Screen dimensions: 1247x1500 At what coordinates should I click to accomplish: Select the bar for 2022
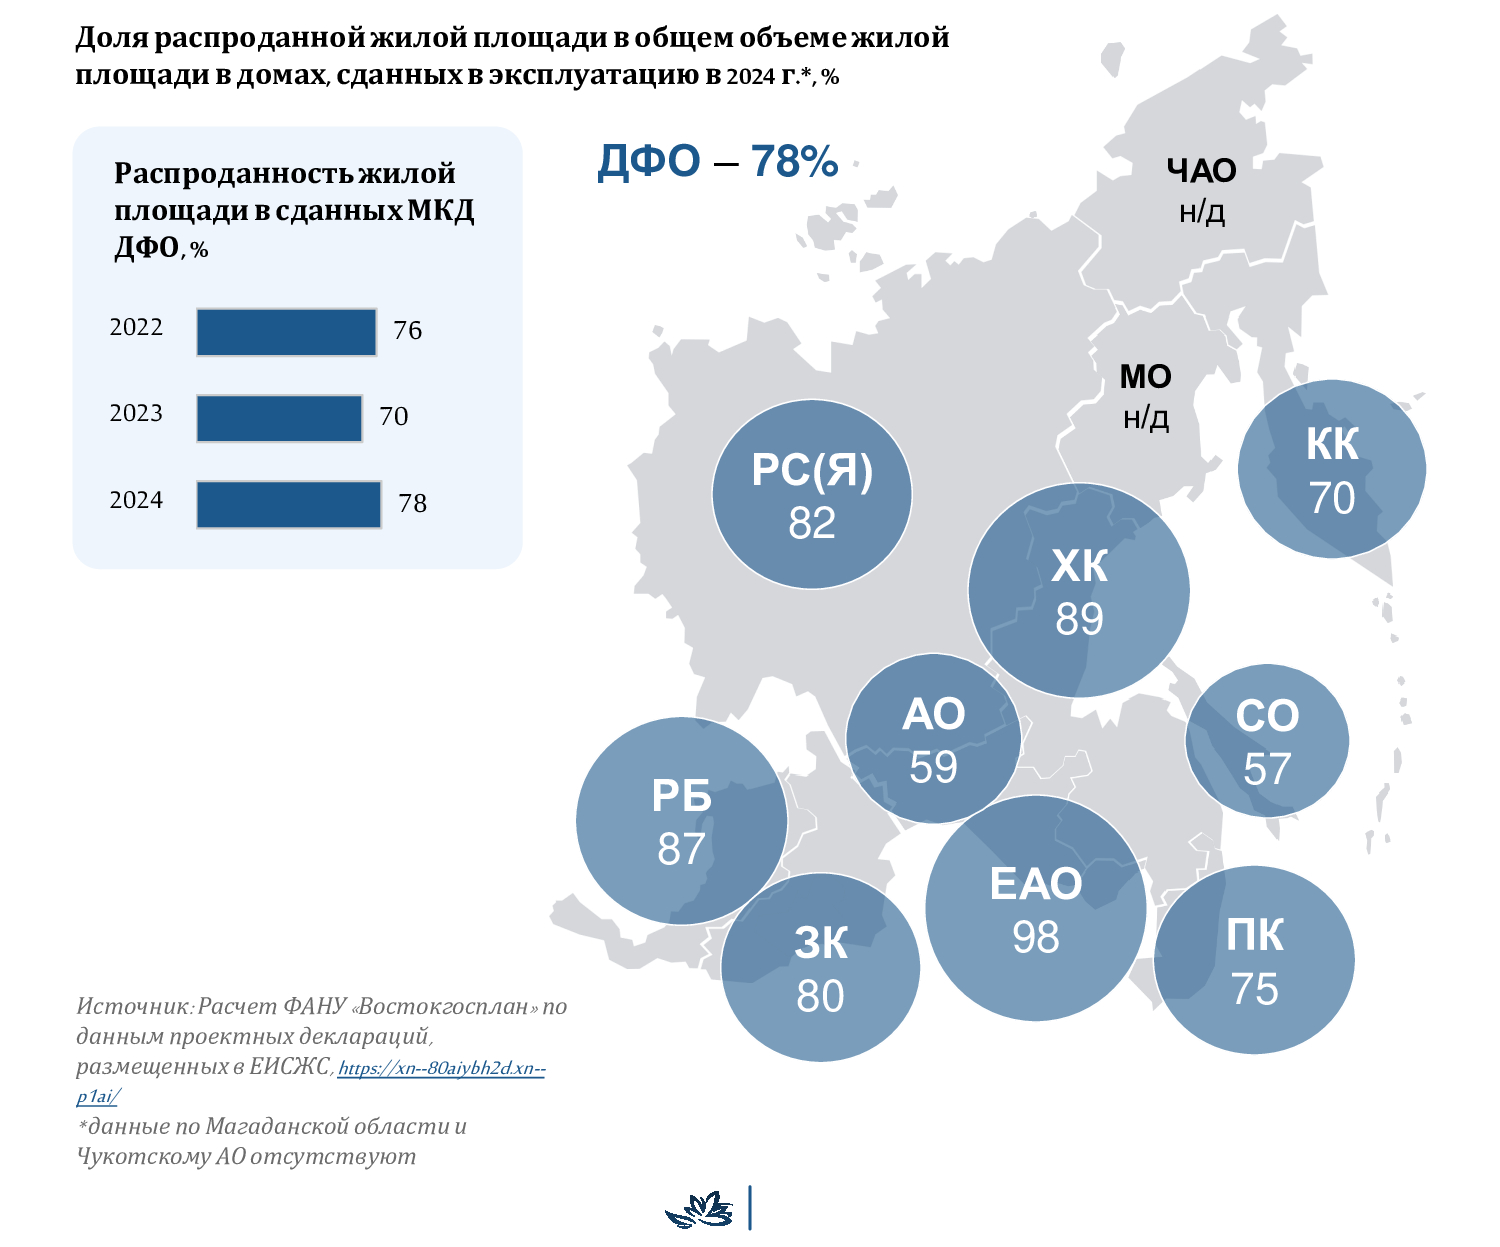pos(286,332)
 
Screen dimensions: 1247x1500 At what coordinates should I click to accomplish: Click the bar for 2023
pos(279,418)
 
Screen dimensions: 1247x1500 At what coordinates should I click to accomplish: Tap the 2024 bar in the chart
pos(288,504)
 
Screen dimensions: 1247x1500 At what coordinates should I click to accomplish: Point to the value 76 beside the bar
pos(408,331)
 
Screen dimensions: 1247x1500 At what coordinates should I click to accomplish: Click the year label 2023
pos(136,413)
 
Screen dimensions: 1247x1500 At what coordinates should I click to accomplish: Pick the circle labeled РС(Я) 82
pos(812,494)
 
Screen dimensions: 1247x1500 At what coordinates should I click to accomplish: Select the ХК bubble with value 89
pos(1079,591)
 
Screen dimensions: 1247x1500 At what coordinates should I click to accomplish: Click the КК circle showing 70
pos(1332,469)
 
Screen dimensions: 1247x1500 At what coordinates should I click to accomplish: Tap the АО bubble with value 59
pos(933,740)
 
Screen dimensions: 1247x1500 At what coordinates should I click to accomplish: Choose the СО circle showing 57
pos(1267,741)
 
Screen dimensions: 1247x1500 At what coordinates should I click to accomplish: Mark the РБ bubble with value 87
pos(682,821)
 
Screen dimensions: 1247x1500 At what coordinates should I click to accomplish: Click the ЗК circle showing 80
pos(820,968)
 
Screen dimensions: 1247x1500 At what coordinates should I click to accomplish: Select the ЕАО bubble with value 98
pos(1036,909)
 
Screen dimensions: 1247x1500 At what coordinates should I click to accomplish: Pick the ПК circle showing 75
pos(1254,961)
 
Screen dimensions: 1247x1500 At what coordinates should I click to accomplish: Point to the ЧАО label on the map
pos(1201,171)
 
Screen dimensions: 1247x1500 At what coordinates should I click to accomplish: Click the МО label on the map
pos(1145,377)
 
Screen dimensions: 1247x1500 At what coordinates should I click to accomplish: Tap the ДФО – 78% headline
pos(717,162)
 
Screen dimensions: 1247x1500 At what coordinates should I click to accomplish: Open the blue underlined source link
pos(440,1069)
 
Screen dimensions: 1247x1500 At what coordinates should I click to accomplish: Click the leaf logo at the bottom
pos(699,1209)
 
